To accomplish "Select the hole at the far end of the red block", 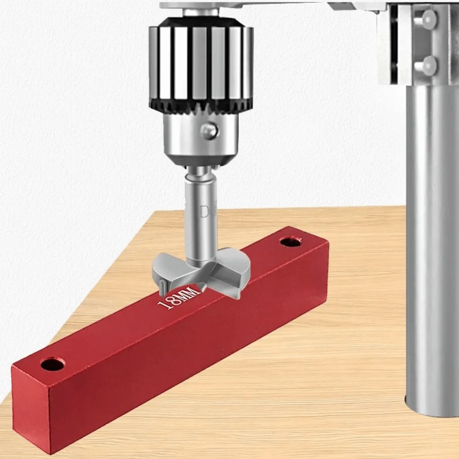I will click(x=290, y=241).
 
